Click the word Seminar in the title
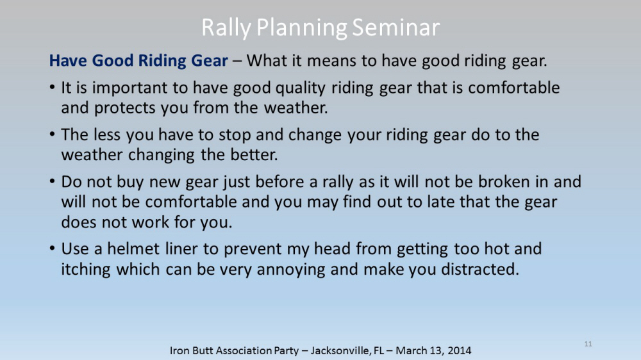click(395, 28)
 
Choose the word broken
click(504, 182)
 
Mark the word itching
click(86, 270)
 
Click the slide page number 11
click(588, 344)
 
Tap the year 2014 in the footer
click(459, 350)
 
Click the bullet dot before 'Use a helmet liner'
click(52, 249)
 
